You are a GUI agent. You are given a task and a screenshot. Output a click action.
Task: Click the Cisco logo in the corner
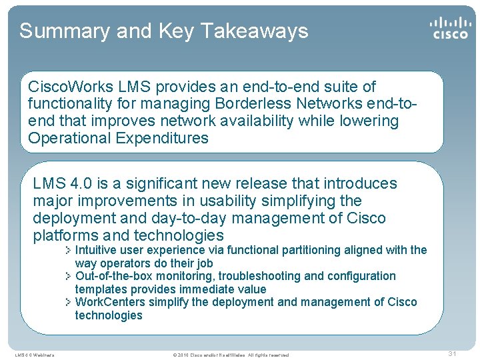pos(449,27)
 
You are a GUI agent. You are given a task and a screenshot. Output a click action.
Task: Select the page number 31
pos(451,353)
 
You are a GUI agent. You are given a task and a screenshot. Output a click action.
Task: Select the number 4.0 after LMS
pos(79,183)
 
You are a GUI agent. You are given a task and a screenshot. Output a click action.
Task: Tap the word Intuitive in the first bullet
pos(98,250)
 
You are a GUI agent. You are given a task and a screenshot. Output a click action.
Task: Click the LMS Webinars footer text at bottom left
pos(35,355)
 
